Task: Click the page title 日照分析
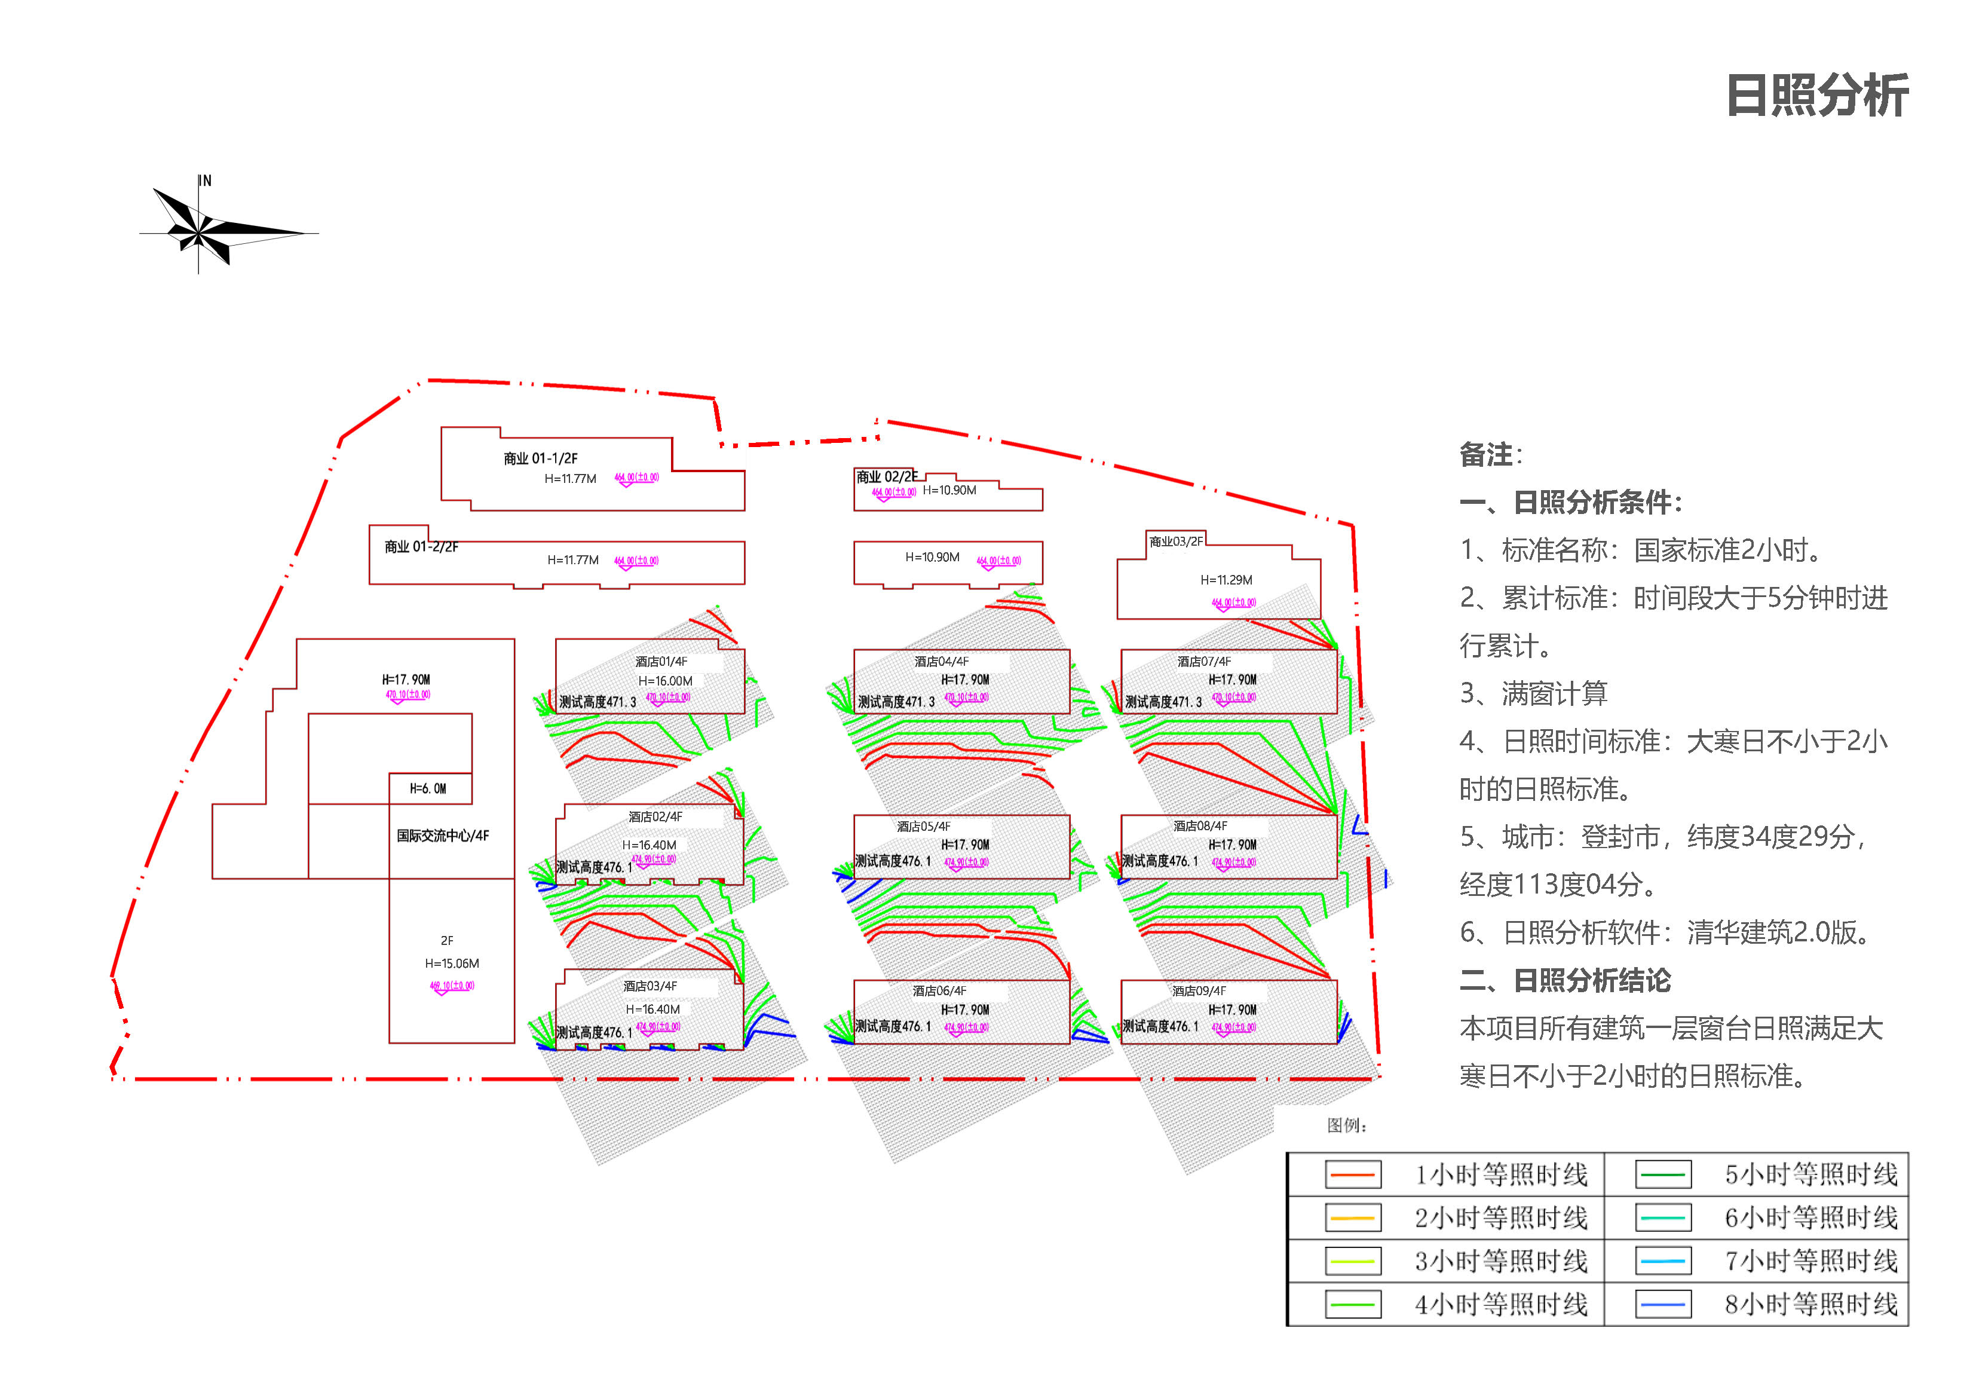[1817, 96]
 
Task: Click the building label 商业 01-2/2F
[421, 547]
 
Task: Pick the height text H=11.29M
[1226, 580]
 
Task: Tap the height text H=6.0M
[428, 788]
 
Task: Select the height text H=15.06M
[452, 963]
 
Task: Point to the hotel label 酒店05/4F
[923, 827]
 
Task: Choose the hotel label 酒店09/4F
[1199, 991]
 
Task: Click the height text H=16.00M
[665, 681]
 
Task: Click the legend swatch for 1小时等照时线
[1353, 1174]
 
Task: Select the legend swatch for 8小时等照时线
[1663, 1304]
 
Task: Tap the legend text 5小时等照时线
[1810, 1174]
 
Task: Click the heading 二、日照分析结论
[1565, 980]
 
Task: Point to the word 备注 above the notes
[1486, 454]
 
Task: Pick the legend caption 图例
[1346, 1125]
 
